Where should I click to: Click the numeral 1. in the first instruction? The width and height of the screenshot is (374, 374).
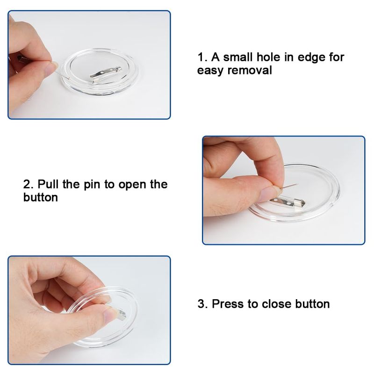click(202, 58)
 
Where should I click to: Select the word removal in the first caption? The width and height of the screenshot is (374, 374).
click(250, 71)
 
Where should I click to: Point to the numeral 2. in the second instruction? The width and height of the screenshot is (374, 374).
click(29, 185)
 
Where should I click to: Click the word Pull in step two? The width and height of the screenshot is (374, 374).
click(48, 184)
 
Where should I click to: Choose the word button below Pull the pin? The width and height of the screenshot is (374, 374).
click(41, 197)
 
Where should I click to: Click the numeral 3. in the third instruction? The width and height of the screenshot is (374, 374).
click(203, 304)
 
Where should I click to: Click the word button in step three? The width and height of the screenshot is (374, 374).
click(312, 304)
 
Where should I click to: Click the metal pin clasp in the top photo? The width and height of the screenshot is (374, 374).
click(106, 74)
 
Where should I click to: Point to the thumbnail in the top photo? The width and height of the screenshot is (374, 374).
click(51, 68)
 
